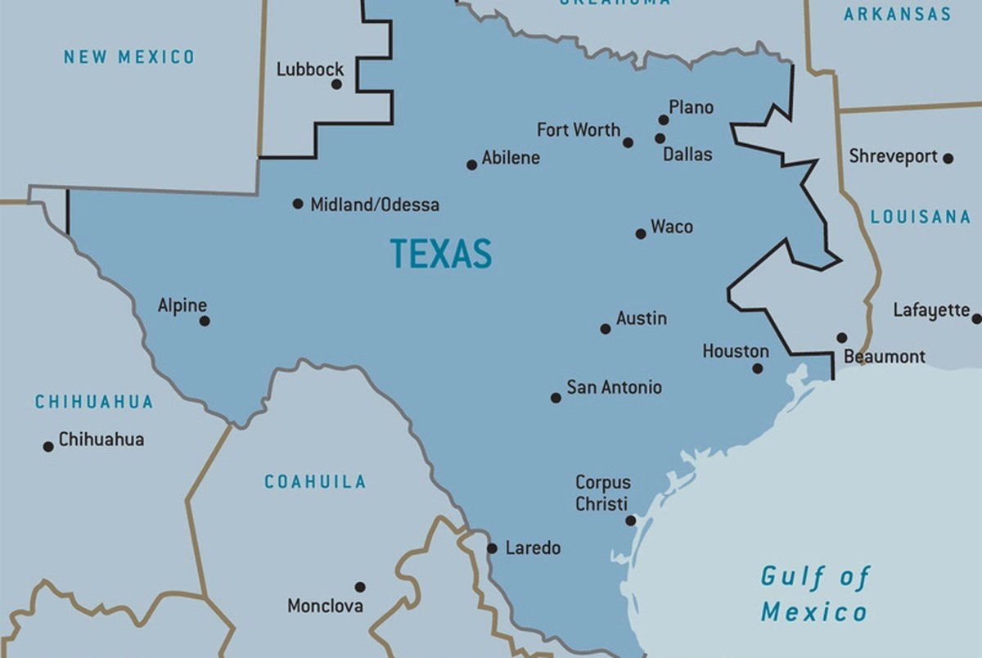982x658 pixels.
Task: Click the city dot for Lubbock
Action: [336, 83]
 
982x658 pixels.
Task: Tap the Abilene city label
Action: [511, 158]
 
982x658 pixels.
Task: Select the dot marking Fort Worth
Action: [628, 142]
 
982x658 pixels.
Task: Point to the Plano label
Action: [691, 107]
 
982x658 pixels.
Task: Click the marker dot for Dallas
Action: [660, 138]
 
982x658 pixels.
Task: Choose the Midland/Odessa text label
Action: [374, 205]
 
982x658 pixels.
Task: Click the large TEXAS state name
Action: [440, 254]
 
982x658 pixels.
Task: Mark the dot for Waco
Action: [641, 234]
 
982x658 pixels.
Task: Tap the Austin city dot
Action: [606, 329]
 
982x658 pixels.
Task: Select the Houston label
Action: [736, 351]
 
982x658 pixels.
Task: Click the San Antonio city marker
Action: [556, 398]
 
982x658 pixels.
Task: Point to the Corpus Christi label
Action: [602, 493]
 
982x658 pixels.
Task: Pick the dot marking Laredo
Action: [492, 548]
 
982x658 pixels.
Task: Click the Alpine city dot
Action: [205, 321]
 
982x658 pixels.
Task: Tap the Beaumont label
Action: [884, 357]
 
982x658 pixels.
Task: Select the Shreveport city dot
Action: [948, 159]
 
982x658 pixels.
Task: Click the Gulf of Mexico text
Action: [814, 594]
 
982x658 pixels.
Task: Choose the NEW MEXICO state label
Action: [129, 56]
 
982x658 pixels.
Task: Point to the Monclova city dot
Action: [359, 587]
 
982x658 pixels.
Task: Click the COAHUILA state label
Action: [314, 482]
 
